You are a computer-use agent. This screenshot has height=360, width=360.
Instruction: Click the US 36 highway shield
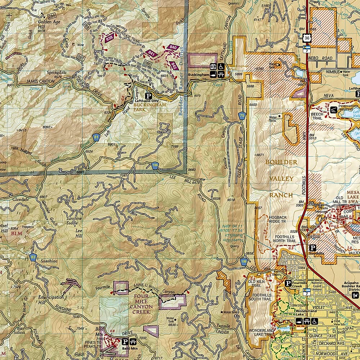(x=306, y=38)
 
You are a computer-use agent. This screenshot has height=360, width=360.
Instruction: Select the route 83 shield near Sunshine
(x=33, y=257)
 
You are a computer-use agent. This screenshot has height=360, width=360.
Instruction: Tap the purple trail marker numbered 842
(x=174, y=66)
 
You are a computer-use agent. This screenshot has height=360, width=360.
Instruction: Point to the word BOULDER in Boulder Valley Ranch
(x=281, y=162)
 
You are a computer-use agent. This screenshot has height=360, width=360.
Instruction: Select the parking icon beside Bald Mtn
(x=125, y=342)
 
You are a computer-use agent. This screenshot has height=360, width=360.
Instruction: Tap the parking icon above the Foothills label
(x=313, y=248)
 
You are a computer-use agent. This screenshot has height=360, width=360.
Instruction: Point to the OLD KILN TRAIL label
(x=257, y=284)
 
